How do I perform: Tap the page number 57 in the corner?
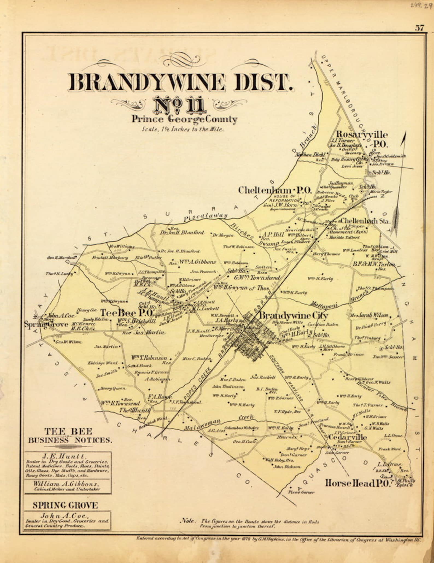[x=420, y=28]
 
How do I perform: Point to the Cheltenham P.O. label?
[x=275, y=190]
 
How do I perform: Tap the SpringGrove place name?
[x=46, y=324]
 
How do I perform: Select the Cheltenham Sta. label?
[x=365, y=221]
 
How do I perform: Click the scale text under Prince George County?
[x=183, y=130]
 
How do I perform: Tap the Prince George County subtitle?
[x=184, y=119]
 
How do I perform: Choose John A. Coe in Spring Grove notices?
[x=64, y=516]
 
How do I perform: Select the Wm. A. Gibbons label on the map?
[x=197, y=262]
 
